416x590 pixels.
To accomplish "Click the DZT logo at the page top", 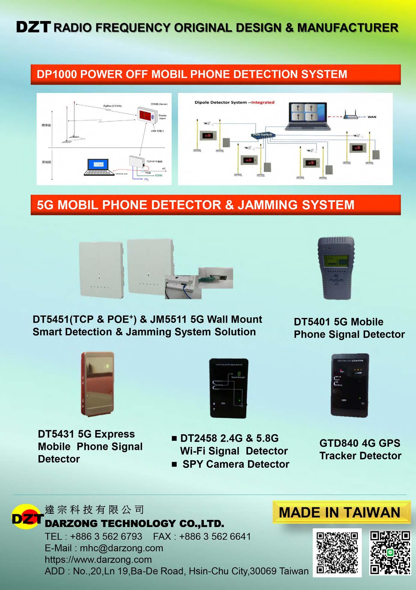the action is [33, 27].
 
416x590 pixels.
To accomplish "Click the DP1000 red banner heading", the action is [216, 74].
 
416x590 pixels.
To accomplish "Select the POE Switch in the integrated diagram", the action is [263, 135].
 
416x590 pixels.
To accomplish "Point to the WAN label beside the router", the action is [372, 117].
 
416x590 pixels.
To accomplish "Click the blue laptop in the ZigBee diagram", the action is [99, 167].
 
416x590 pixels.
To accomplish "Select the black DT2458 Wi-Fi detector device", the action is [228, 388].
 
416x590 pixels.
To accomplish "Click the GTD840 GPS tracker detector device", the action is [350, 385].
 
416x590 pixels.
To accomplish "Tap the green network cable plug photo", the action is [216, 278].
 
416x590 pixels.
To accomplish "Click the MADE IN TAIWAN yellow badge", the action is [341, 512].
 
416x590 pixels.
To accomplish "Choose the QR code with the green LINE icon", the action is [390, 552].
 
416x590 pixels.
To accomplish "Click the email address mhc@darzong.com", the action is [121, 548].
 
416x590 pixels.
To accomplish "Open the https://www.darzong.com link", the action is [98, 559].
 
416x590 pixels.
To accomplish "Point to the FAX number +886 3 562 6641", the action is [215, 536].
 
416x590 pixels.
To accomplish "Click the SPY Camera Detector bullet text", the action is [236, 464].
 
